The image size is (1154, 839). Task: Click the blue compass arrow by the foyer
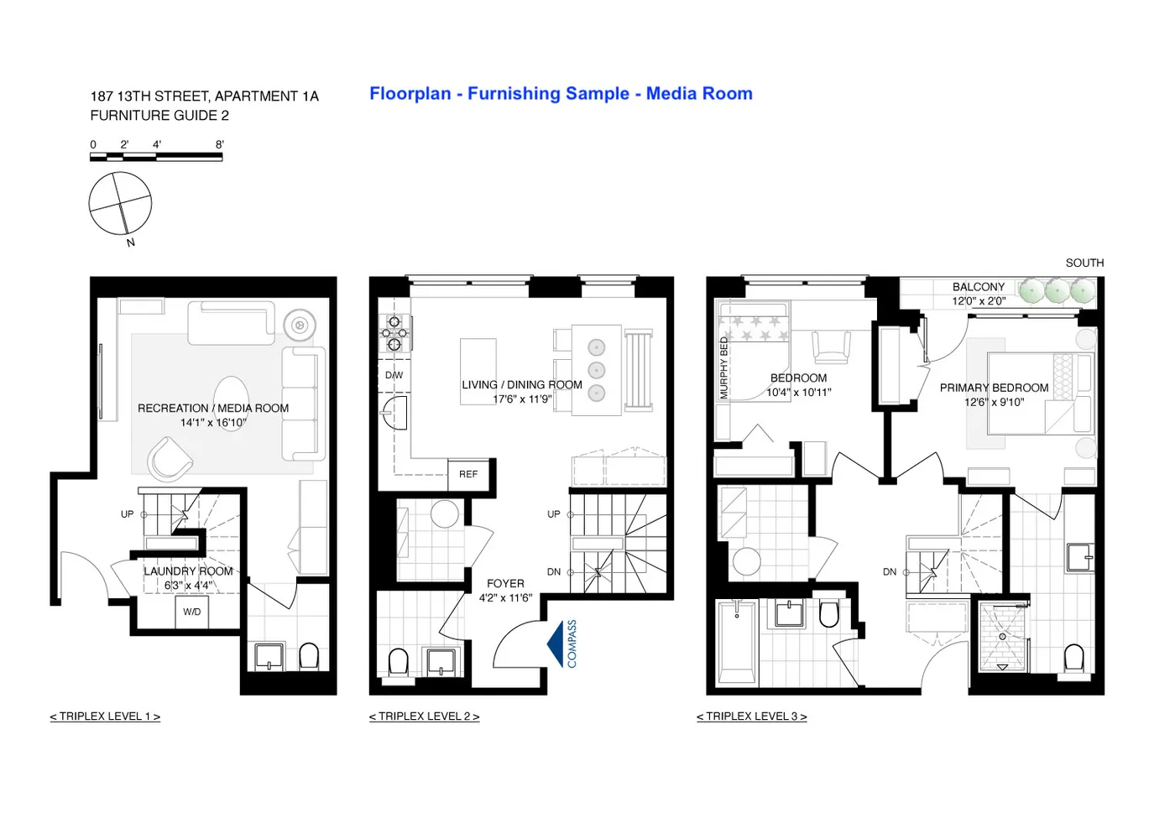pos(556,644)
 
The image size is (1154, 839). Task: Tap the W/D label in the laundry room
pos(192,612)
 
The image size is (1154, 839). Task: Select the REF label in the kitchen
pos(468,474)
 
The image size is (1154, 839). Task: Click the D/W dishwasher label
pos(394,375)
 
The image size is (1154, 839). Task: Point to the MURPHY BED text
pos(724,367)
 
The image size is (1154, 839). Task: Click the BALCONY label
pos(978,287)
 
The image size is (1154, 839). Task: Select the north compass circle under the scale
pos(121,204)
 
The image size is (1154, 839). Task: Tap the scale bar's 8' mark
pos(220,145)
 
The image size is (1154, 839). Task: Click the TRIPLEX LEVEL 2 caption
pos(424,717)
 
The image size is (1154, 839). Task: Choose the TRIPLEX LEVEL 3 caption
pos(751,717)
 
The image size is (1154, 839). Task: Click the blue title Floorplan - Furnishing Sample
pos(561,94)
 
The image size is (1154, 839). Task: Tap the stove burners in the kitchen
pos(394,332)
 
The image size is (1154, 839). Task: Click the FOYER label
pos(505,583)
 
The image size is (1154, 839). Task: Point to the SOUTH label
pos(1084,263)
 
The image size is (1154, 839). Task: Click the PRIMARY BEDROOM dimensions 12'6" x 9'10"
pos(994,402)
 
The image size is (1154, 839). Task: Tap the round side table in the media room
pos(299,324)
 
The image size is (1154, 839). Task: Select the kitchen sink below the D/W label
pos(394,413)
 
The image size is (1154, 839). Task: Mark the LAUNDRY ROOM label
pos(188,571)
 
